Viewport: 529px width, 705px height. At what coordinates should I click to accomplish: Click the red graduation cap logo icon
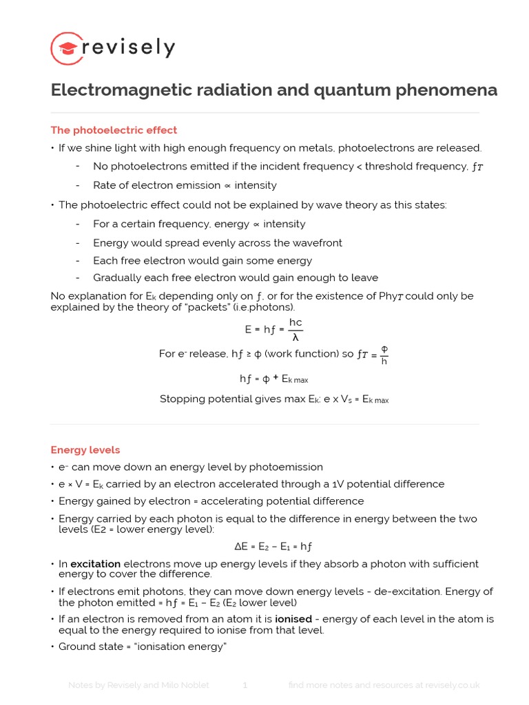click(x=67, y=48)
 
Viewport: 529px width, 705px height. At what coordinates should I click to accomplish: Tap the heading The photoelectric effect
click(x=114, y=130)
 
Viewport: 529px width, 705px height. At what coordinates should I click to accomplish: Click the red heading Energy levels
click(x=85, y=450)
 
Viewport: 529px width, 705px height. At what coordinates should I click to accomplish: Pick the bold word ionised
click(x=293, y=619)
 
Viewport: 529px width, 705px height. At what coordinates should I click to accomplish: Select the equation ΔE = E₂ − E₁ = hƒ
click(x=273, y=546)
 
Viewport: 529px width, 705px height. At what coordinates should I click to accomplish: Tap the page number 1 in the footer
click(x=245, y=685)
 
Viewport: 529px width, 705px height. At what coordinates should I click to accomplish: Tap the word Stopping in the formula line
click(x=181, y=399)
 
